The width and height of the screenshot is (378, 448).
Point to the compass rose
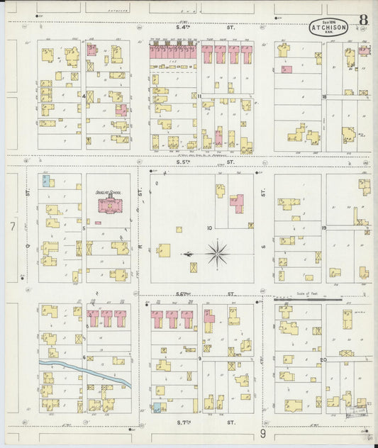pyautogui.click(x=218, y=252)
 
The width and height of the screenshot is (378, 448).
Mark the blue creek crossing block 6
pyautogui.click(x=85, y=370)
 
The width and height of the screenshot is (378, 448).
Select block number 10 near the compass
pyautogui.click(x=210, y=228)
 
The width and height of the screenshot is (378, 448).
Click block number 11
pyautogui.click(x=200, y=96)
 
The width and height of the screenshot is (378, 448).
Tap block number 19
pyautogui.click(x=323, y=228)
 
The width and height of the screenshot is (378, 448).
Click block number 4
pyautogui.click(x=84, y=95)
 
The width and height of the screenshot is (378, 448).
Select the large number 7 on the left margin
pyautogui.click(x=12, y=226)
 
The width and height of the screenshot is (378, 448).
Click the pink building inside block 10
pyautogui.click(x=238, y=205)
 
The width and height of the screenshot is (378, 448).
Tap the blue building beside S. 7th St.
pyautogui.click(x=157, y=408)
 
